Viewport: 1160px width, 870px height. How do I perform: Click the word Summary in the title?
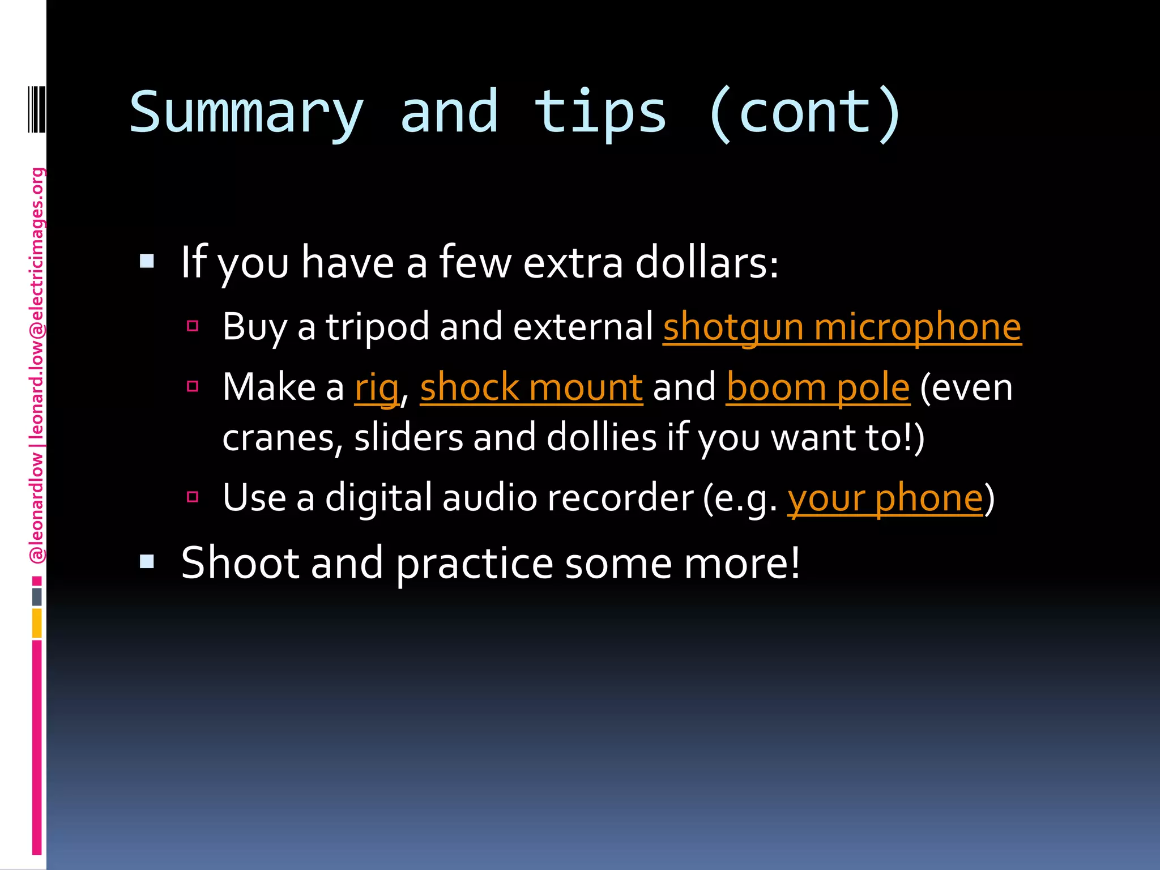(246, 113)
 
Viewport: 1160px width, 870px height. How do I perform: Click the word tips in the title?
(600, 113)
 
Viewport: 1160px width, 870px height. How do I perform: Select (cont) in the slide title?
(804, 113)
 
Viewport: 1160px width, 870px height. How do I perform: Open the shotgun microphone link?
(842, 327)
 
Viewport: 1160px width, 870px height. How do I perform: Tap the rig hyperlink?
(377, 388)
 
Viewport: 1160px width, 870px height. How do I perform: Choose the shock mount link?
(531, 388)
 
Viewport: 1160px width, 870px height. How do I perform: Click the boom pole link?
(818, 388)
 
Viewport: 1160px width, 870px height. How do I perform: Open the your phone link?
(885, 498)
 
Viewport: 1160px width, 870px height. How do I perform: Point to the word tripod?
(377, 327)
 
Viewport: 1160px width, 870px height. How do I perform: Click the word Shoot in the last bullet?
(240, 564)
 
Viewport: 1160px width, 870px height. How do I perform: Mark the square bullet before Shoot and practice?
(147, 561)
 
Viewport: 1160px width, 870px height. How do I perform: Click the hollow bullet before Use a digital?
(193, 497)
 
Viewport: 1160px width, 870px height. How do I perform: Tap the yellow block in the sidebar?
(37, 623)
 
